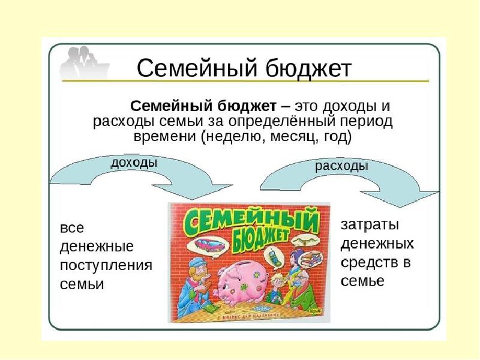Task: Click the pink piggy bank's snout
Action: click(x=217, y=292)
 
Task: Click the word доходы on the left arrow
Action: click(x=134, y=163)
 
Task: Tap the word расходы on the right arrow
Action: click(x=341, y=166)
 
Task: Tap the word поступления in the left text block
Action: click(x=106, y=265)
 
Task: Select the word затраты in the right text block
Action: click(x=370, y=224)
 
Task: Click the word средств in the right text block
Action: click(x=367, y=263)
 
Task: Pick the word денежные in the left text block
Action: click(x=97, y=247)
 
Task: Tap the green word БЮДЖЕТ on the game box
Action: click(x=260, y=241)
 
